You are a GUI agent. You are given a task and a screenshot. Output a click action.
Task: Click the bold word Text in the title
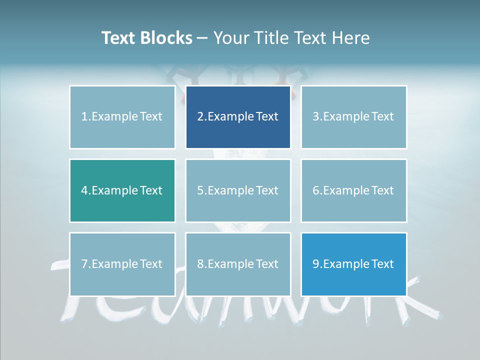(118, 38)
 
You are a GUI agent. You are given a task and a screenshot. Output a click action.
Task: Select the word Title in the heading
(272, 38)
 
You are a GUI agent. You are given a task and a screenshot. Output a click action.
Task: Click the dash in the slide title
(202, 38)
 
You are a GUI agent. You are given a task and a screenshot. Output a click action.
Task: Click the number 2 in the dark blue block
(200, 117)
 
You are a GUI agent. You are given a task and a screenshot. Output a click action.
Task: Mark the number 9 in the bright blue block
(316, 264)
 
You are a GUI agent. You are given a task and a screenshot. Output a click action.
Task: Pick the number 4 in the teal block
(84, 191)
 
